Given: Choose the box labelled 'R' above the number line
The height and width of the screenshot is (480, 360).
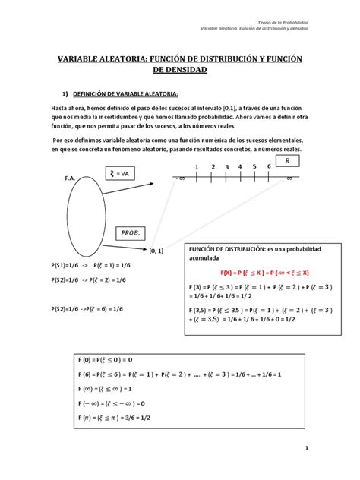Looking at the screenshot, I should click(286, 163).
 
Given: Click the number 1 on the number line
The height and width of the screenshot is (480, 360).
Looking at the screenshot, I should click(196, 167).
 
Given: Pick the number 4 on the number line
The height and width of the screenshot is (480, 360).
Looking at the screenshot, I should click(241, 167).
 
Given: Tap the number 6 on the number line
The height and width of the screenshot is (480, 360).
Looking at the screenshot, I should click(270, 167).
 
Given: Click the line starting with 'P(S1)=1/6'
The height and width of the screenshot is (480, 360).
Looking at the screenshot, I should click(81, 267).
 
